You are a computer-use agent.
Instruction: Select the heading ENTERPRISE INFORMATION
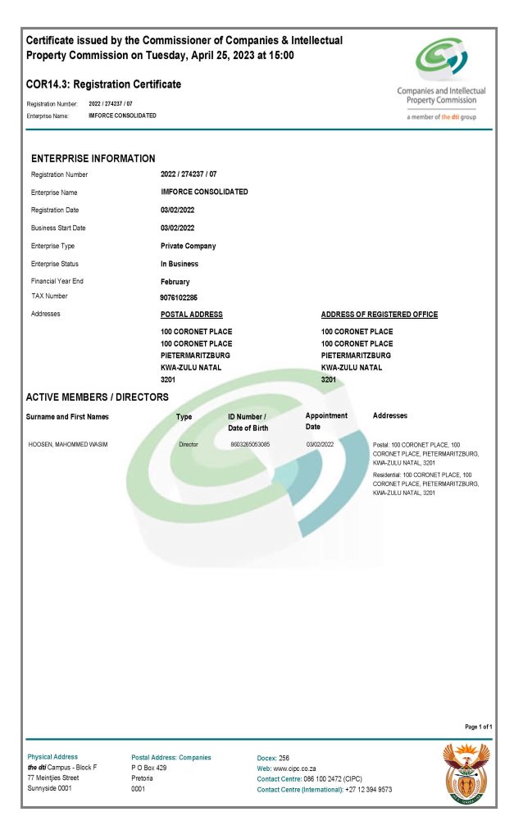pyautogui.click(x=93, y=158)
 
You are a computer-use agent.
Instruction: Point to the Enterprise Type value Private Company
pyautogui.click(x=188, y=246)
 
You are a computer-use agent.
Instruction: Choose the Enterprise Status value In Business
pyautogui.click(x=179, y=264)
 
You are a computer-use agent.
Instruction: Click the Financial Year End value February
pyautogui.click(x=175, y=281)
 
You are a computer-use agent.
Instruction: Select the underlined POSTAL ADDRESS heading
pyautogui.click(x=191, y=315)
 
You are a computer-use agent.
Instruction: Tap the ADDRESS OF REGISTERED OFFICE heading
pyautogui.click(x=379, y=315)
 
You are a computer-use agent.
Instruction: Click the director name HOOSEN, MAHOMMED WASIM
pyautogui.click(x=68, y=444)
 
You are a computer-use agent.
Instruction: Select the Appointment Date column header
pyautogui.click(x=326, y=421)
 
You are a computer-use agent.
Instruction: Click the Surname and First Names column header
pyautogui.click(x=67, y=417)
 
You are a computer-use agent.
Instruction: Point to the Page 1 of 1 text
pyautogui.click(x=478, y=727)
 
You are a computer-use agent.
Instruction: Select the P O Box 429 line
pyautogui.click(x=148, y=769)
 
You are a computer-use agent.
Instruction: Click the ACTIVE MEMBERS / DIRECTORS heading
pyautogui.click(x=97, y=397)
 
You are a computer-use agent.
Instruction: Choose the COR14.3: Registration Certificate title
pyautogui.click(x=103, y=84)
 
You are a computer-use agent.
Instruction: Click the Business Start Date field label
pyautogui.click(x=58, y=228)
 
